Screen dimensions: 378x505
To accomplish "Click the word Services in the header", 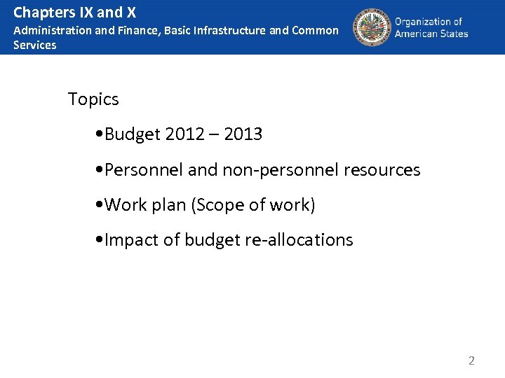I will [35, 45].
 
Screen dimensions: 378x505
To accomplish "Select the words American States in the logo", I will [431, 34].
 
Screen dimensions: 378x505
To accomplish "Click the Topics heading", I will [93, 99].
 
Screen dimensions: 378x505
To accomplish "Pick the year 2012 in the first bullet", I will [187, 134].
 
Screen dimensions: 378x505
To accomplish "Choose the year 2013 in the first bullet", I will [243, 134].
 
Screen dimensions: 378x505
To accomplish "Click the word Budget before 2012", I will [133, 134].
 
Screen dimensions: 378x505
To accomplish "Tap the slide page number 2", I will [471, 361].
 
